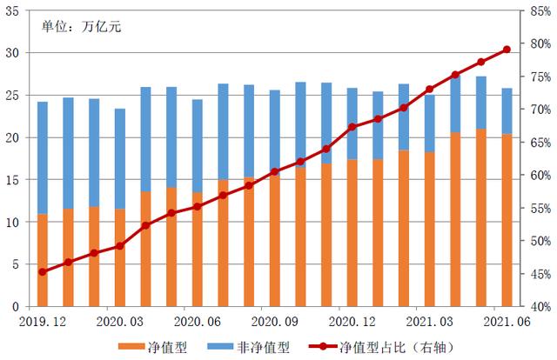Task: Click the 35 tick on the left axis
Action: tap(14, 11)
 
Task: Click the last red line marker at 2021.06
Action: tap(507, 50)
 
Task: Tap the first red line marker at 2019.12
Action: tap(43, 272)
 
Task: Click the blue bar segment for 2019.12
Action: tap(43, 157)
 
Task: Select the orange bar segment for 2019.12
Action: tap(43, 260)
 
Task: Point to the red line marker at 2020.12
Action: tap(352, 127)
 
